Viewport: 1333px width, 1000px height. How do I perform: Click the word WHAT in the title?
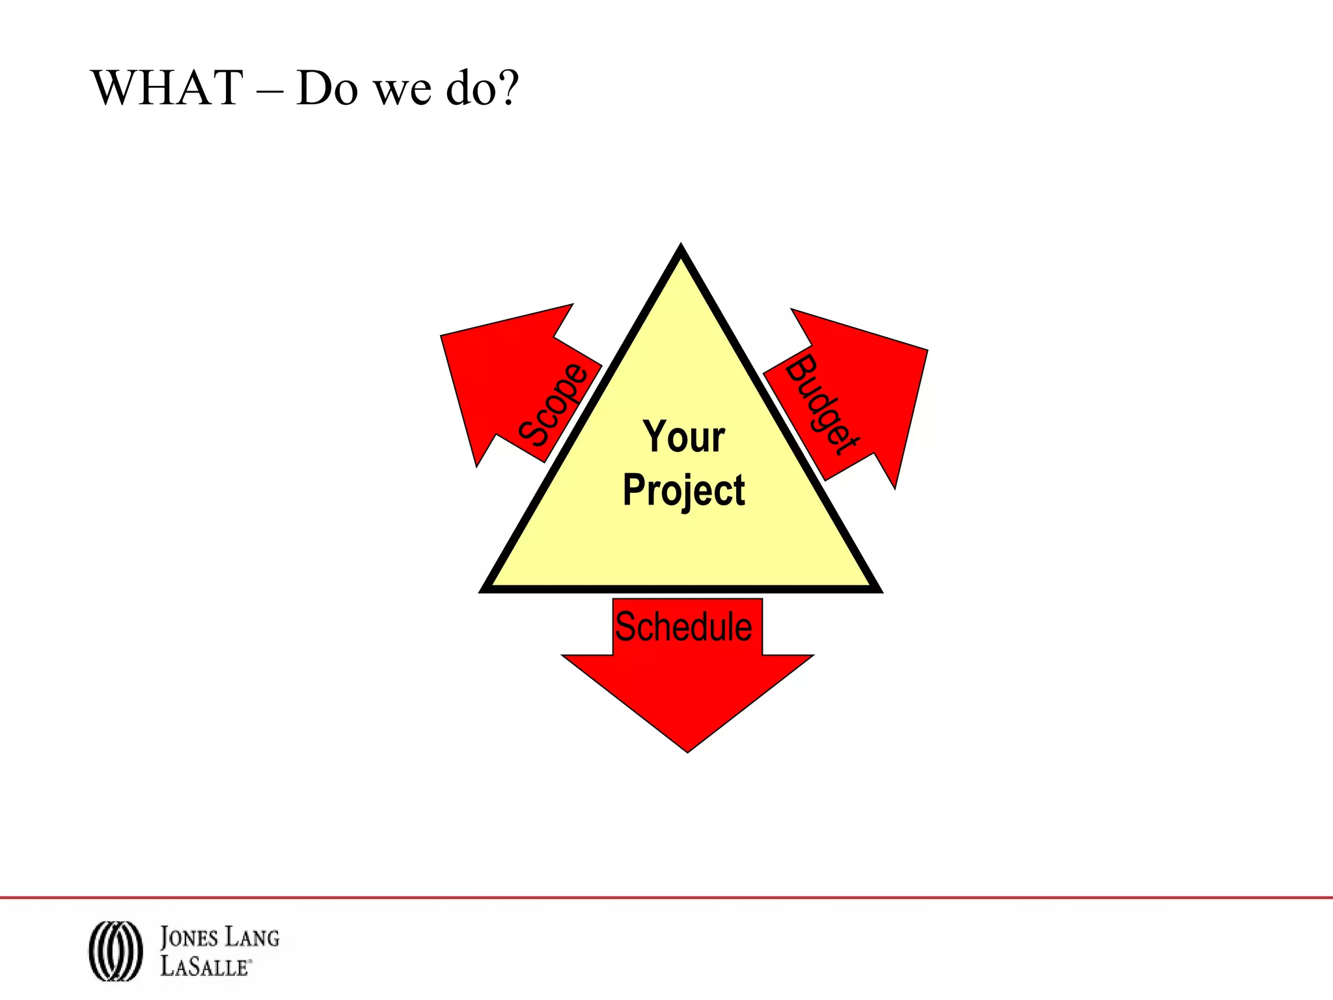tap(168, 88)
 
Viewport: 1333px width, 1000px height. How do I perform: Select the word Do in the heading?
tap(327, 88)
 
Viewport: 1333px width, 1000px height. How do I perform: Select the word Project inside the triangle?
tap(683, 491)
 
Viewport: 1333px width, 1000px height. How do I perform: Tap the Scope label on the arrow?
tap(553, 405)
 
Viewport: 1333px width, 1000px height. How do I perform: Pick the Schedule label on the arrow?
tap(683, 626)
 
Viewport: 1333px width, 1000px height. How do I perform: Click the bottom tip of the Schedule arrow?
tap(687, 750)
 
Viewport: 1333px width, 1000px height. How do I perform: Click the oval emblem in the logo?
tap(115, 951)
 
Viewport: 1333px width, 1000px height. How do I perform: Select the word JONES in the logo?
tap(189, 937)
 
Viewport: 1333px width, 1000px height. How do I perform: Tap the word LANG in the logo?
tap(252, 937)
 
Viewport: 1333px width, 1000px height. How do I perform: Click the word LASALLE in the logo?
tap(204, 965)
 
